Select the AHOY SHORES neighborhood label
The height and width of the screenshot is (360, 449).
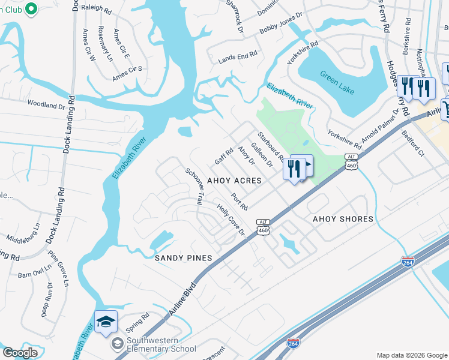[343, 219]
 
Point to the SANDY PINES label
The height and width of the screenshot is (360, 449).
[184, 258]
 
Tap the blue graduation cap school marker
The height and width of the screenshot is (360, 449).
[106, 322]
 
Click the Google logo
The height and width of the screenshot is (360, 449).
[20, 353]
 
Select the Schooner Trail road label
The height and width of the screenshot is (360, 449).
[195, 187]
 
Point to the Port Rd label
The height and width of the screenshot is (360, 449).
[240, 202]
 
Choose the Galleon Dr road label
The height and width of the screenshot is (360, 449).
[262, 155]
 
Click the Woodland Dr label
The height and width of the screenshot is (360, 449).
[46, 106]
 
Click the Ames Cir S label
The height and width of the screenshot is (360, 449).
[127, 73]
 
